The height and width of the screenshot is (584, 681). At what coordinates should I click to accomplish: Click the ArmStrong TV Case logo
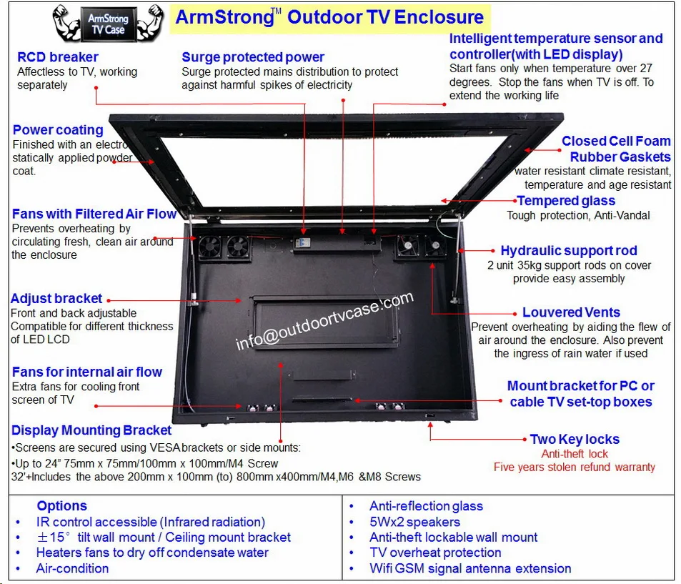pyautogui.click(x=107, y=24)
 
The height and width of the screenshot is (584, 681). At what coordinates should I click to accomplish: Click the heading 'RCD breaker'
pyautogui.click(x=58, y=57)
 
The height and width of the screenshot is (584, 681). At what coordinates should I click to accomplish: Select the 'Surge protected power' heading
pyautogui.click(x=253, y=57)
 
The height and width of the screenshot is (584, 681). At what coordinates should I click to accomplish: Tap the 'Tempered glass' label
pyautogui.click(x=566, y=201)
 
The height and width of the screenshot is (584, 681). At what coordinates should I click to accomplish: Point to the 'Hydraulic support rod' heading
pyautogui.click(x=568, y=251)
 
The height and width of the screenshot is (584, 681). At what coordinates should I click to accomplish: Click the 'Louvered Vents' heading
pyautogui.click(x=571, y=312)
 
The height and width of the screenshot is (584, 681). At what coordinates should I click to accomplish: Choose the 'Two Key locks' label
pyautogui.click(x=575, y=440)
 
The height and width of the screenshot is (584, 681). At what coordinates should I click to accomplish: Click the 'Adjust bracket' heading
pyautogui.click(x=56, y=299)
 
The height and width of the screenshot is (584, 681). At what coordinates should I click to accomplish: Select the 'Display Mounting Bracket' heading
pyautogui.click(x=91, y=430)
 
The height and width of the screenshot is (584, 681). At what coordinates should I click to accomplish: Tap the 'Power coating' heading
pyautogui.click(x=58, y=130)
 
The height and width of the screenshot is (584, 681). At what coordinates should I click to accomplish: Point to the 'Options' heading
pyautogui.click(x=61, y=506)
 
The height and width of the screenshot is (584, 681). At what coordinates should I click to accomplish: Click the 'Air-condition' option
pyautogui.click(x=72, y=569)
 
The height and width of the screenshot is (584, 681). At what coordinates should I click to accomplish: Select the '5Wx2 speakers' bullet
pyautogui.click(x=414, y=522)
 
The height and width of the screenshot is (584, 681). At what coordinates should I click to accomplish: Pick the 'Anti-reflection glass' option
pyautogui.click(x=426, y=506)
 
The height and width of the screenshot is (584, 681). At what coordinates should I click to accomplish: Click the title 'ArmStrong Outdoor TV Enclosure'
pyautogui.click(x=329, y=18)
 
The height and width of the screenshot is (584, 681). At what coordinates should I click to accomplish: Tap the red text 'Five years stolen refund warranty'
pyautogui.click(x=574, y=467)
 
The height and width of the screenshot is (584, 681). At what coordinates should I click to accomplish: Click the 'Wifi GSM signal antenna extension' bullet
pyautogui.click(x=470, y=569)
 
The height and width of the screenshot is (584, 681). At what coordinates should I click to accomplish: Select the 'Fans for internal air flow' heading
pyautogui.click(x=87, y=372)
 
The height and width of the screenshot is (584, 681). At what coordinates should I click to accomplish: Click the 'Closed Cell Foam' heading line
pyautogui.click(x=616, y=142)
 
